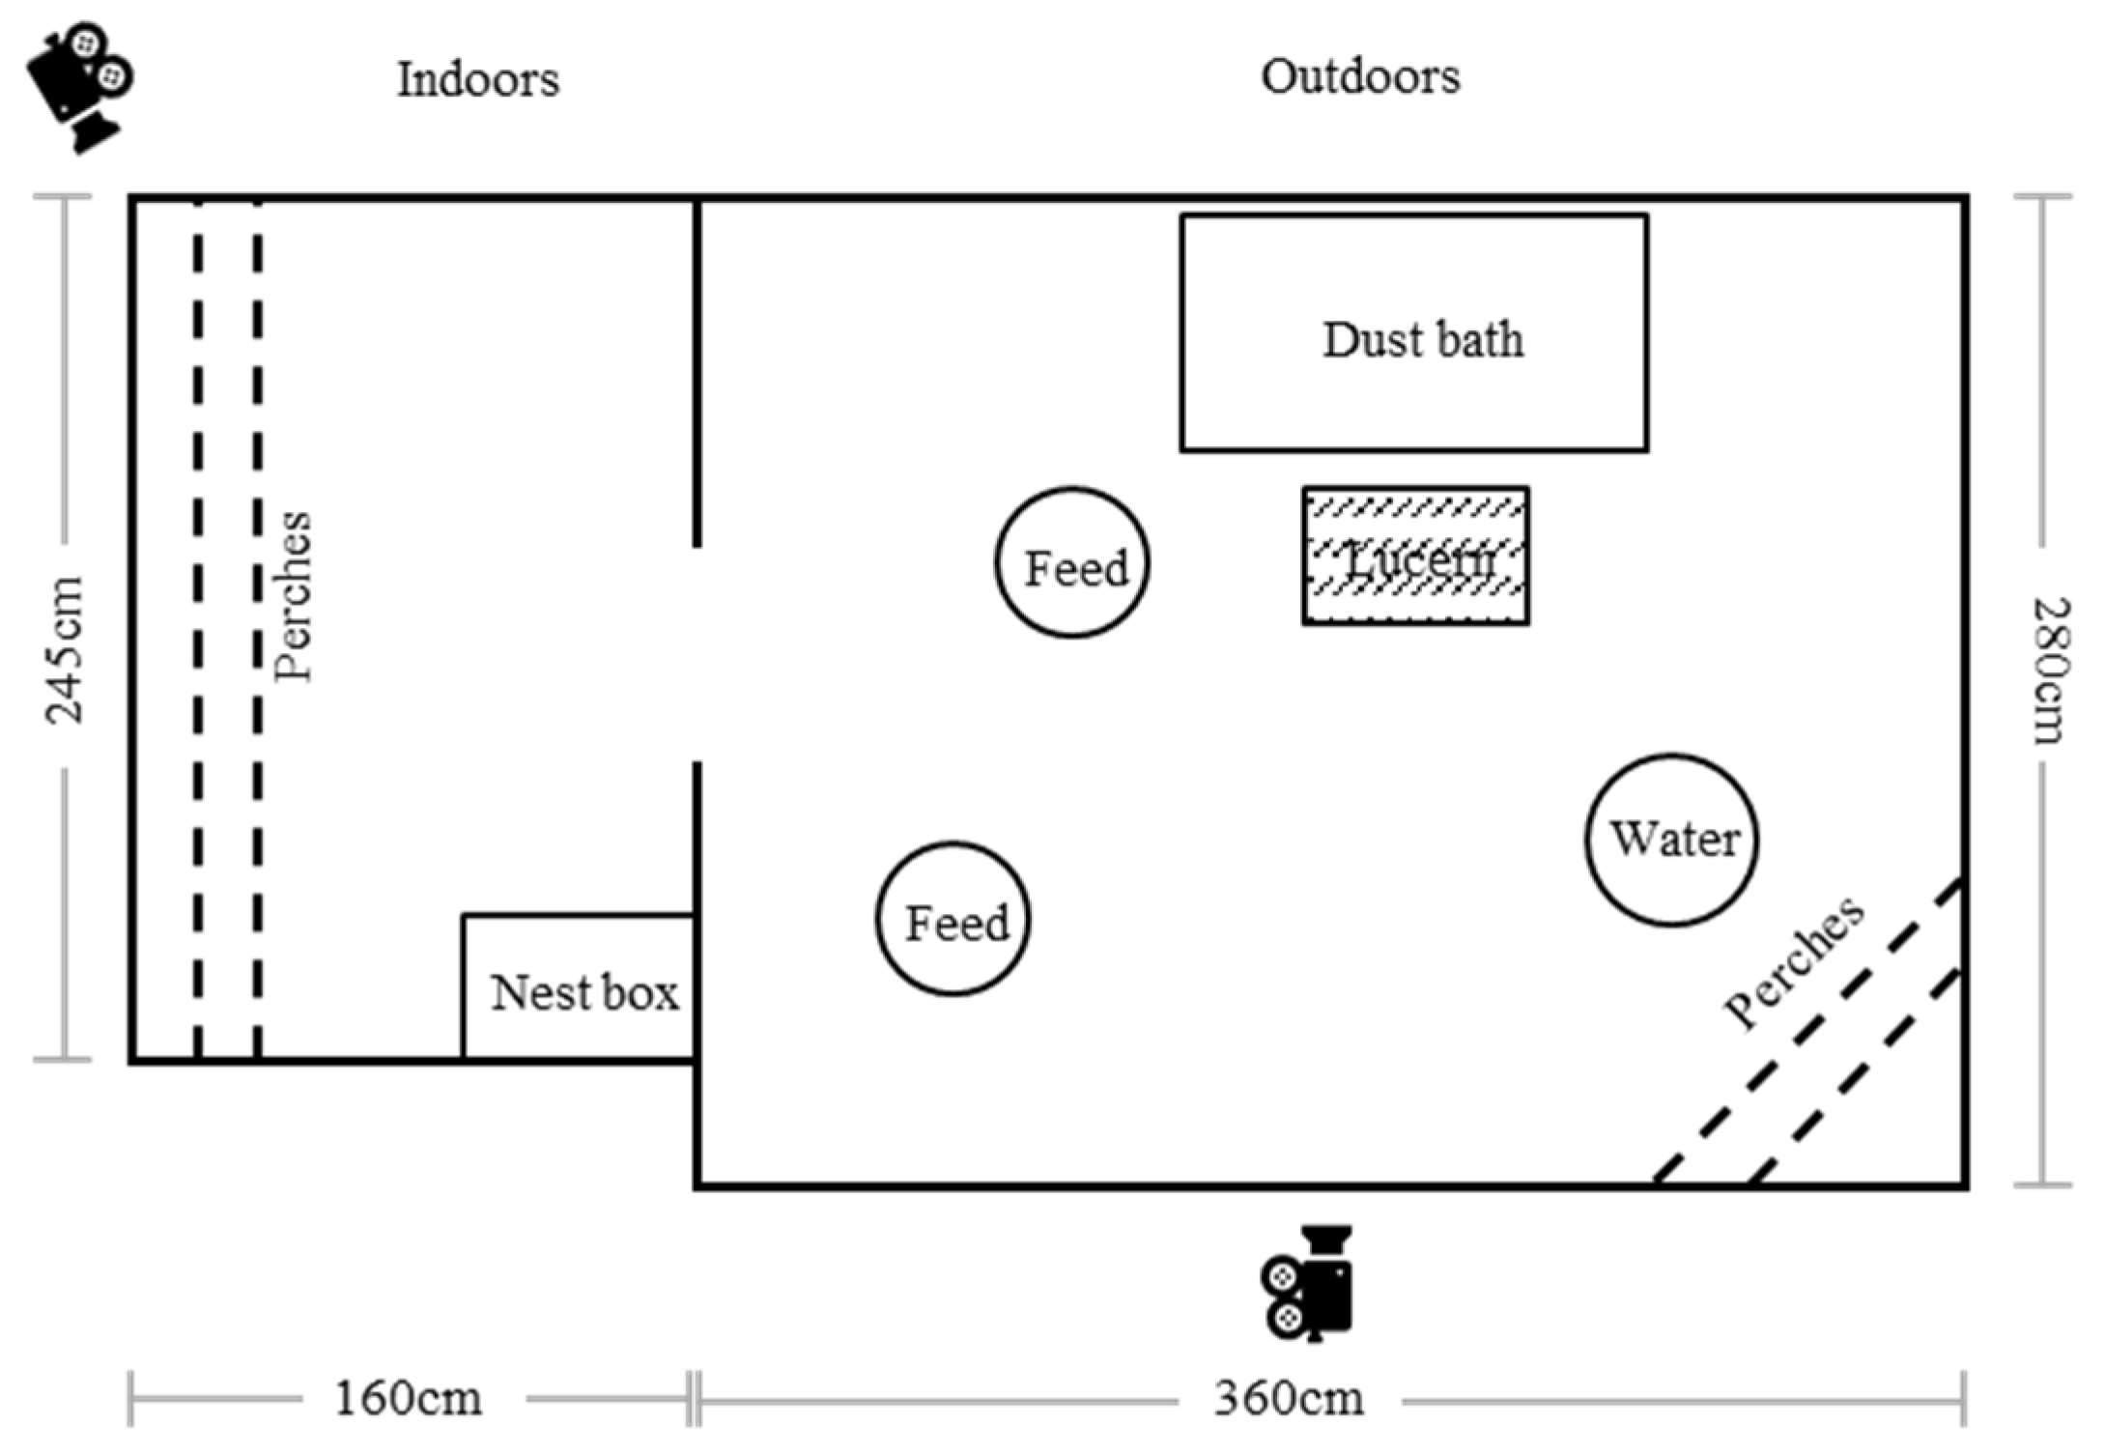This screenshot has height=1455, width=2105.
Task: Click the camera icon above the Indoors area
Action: pos(79,85)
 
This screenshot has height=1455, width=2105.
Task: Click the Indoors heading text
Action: pos(478,79)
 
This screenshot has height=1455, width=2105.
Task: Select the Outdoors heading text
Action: pos(1360,76)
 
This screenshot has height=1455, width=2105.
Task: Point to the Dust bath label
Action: pos(1422,340)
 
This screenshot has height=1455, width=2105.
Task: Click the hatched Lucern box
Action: pos(1415,556)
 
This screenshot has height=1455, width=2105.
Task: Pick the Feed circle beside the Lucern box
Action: pos(1072,563)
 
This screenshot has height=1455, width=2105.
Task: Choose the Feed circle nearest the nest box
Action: pos(953,919)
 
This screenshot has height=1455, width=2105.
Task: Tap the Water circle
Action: pos(1672,840)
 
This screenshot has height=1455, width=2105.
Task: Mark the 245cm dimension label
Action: pos(65,649)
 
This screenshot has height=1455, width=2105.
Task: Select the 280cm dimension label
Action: pos(2047,670)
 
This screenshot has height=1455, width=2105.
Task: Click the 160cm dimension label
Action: pos(408,1398)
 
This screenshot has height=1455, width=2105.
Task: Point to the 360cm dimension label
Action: pos(1289,1398)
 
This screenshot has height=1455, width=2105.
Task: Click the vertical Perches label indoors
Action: pos(293,596)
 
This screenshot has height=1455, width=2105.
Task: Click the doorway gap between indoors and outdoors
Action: pos(697,655)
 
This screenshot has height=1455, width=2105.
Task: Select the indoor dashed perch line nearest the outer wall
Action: pos(198,628)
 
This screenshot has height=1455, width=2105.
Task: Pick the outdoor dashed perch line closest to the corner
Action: pos(1856,1077)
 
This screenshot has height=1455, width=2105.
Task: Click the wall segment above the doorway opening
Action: pos(697,372)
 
